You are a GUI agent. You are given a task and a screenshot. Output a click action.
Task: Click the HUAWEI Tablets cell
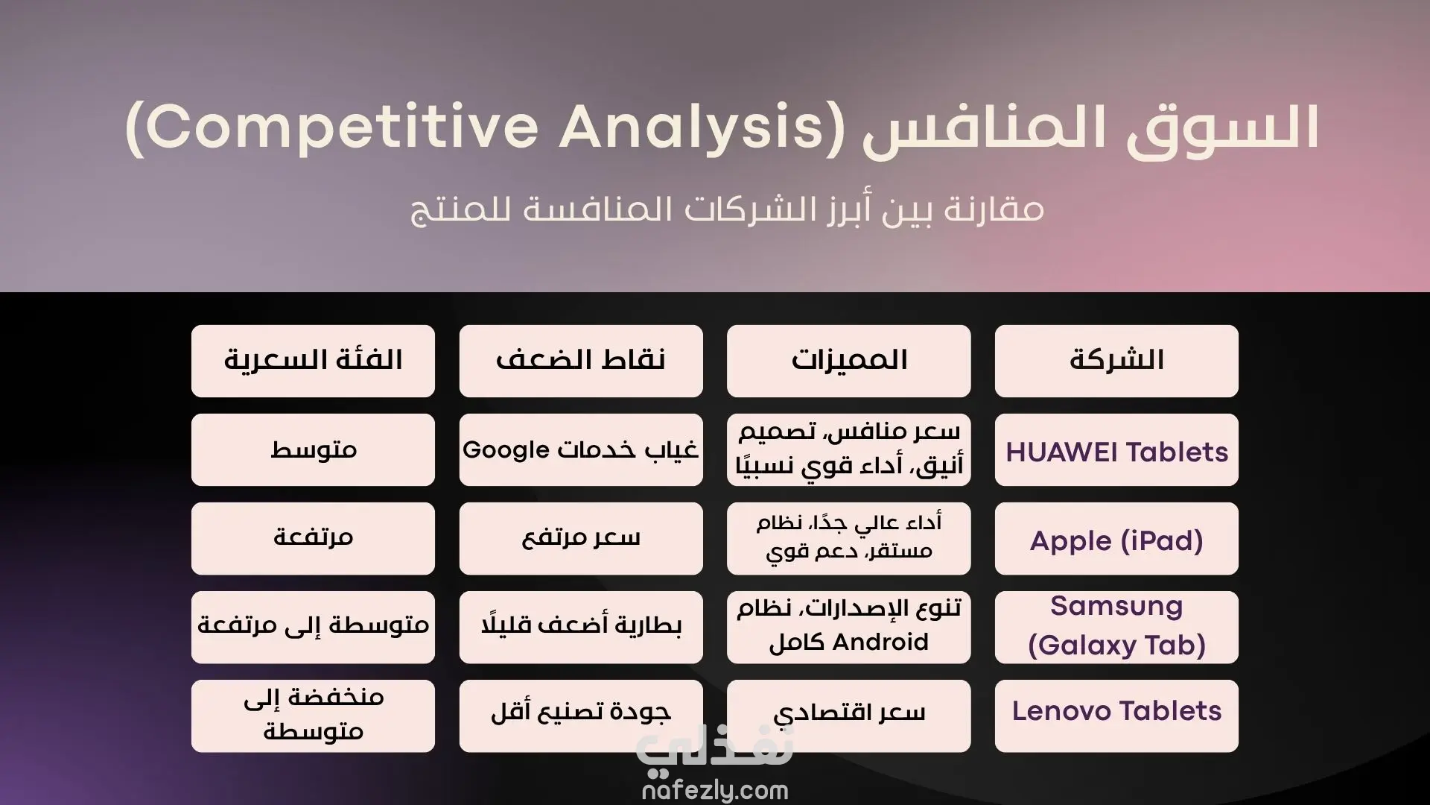[x=1116, y=450]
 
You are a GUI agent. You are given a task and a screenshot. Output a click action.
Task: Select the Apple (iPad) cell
[x=1116, y=539]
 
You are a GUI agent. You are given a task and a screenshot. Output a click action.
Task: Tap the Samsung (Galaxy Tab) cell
[x=1116, y=628]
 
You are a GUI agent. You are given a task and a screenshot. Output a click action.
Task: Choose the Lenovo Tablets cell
[x=1116, y=716]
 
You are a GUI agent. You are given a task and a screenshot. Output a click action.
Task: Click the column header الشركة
[x=1116, y=361]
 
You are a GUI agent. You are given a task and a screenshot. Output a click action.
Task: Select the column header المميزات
[x=848, y=361]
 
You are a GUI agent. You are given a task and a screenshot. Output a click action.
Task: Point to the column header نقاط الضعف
[x=581, y=361]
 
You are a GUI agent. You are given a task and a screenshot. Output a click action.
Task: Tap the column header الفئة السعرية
[x=313, y=361]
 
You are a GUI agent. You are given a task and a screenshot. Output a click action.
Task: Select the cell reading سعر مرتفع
[x=581, y=539]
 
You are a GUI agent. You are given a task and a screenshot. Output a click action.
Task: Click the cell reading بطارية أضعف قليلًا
[x=581, y=628]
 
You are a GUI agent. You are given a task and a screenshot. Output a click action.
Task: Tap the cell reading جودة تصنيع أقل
[x=581, y=716]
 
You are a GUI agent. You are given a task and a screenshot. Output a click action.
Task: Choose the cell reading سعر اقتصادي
[x=848, y=716]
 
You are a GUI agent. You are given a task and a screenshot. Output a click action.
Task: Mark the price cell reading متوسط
[x=313, y=450]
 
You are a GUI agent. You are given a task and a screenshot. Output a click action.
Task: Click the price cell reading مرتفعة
[x=313, y=539]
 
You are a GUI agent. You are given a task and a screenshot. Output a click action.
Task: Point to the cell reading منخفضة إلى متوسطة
[x=313, y=716]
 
